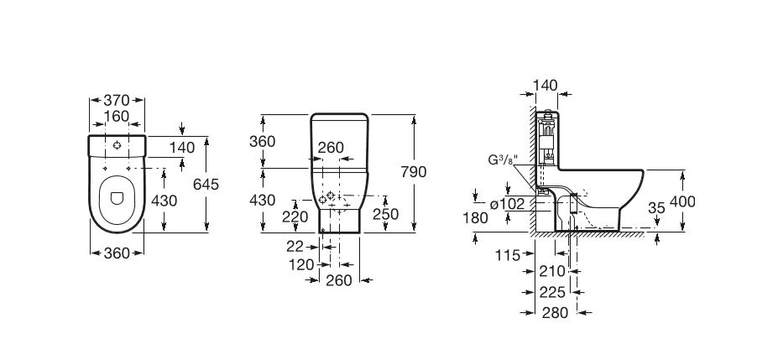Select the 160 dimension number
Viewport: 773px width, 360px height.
117,117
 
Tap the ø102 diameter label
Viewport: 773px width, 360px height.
507,203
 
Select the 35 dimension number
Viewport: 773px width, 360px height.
657,207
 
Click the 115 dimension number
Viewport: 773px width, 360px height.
509,253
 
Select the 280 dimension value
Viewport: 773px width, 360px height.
555,312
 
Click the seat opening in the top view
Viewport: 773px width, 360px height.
116,198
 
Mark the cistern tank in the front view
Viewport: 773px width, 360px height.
339,141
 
